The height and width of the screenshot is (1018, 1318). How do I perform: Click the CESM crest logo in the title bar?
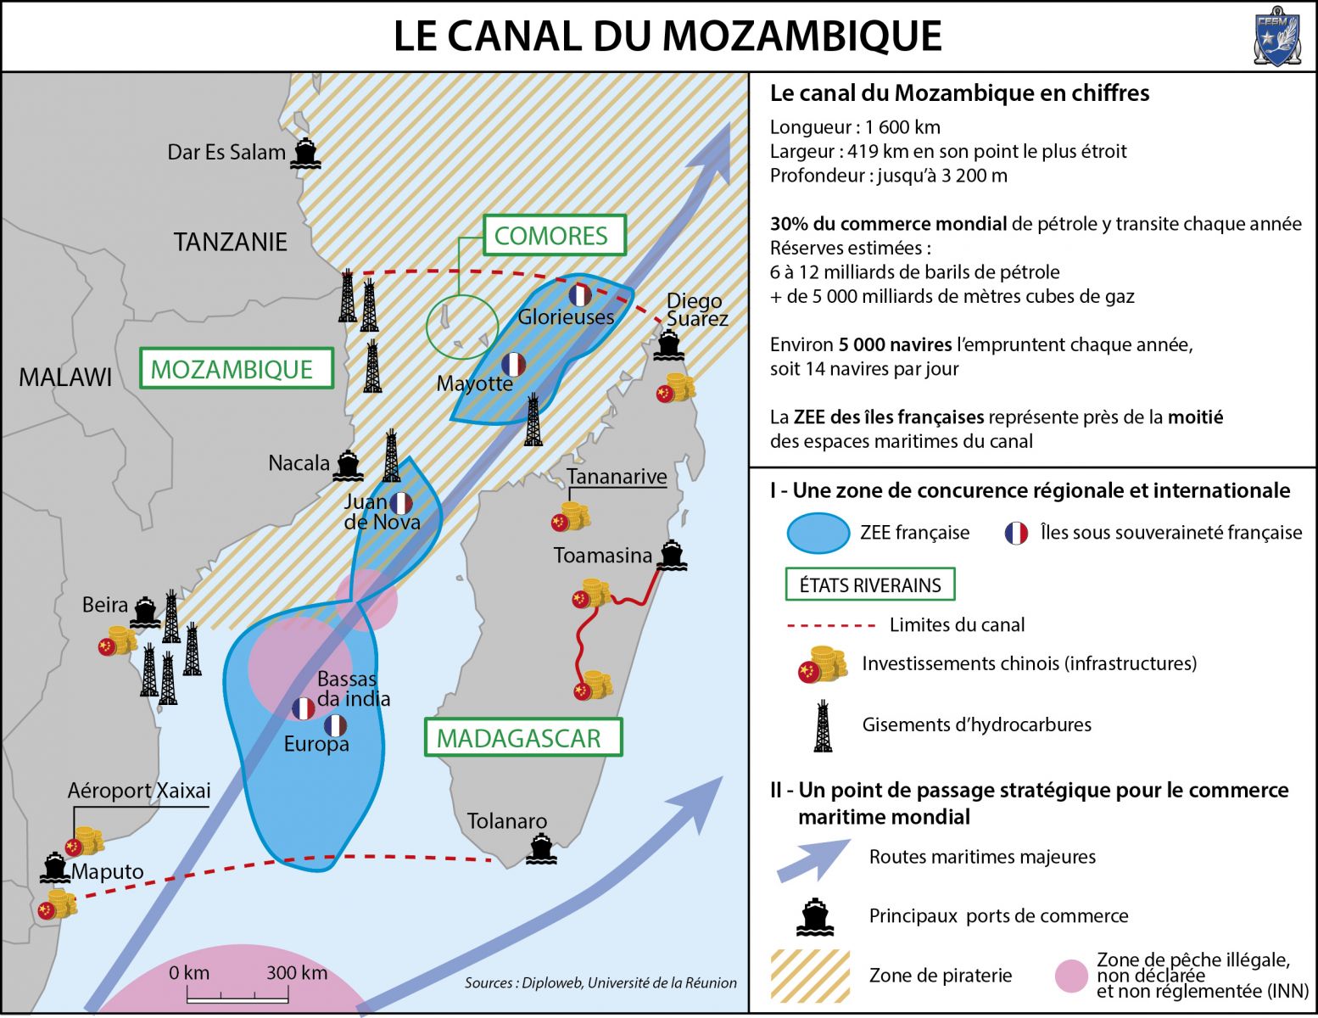click(x=1276, y=36)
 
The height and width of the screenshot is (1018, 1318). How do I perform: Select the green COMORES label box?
click(x=555, y=235)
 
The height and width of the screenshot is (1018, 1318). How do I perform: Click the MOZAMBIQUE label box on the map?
click(x=237, y=367)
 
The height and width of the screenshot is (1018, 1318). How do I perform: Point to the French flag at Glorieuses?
click(x=580, y=295)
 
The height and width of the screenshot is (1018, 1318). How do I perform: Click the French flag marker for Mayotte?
click(x=513, y=364)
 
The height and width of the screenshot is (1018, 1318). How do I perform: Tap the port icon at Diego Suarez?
click(x=668, y=345)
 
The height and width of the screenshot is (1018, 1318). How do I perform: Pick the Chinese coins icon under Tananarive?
click(x=571, y=517)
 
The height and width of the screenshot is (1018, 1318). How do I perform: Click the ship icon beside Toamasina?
click(x=672, y=555)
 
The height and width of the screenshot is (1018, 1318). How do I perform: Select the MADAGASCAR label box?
click(x=523, y=737)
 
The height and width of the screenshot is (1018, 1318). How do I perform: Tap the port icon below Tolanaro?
click(x=541, y=848)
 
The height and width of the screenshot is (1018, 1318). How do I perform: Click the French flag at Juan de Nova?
click(x=401, y=504)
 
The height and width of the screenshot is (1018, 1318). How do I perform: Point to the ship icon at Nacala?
click(x=348, y=466)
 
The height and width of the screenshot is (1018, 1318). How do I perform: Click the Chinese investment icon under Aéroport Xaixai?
click(x=84, y=842)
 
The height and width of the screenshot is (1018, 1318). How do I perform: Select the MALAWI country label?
click(x=65, y=378)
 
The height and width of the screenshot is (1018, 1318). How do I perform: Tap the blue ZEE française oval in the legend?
click(x=818, y=534)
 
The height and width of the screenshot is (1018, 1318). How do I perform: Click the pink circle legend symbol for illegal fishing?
click(x=1071, y=976)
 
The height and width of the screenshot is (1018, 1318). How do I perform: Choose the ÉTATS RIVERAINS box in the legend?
click(x=870, y=585)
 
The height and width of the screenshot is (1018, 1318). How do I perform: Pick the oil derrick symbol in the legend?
click(x=823, y=725)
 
